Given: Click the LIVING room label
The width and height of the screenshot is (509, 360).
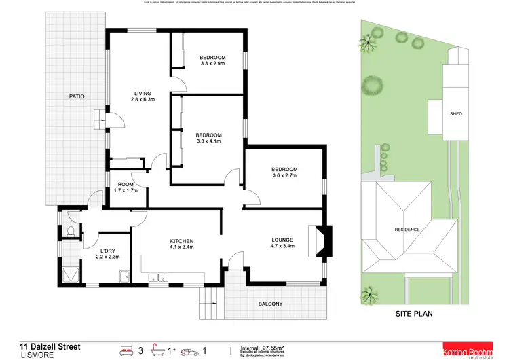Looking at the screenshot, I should pyautogui.click(x=142, y=93).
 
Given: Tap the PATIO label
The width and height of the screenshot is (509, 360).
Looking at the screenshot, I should pyautogui.click(x=77, y=96).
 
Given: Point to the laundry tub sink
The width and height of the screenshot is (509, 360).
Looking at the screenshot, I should pyautogui.click(x=124, y=276).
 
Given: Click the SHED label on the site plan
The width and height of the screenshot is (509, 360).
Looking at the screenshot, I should pyautogui.click(x=455, y=114).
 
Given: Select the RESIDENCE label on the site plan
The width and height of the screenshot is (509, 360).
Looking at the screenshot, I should pyautogui.click(x=407, y=230).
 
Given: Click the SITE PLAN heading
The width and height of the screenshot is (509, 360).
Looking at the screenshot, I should pyautogui.click(x=414, y=314).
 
